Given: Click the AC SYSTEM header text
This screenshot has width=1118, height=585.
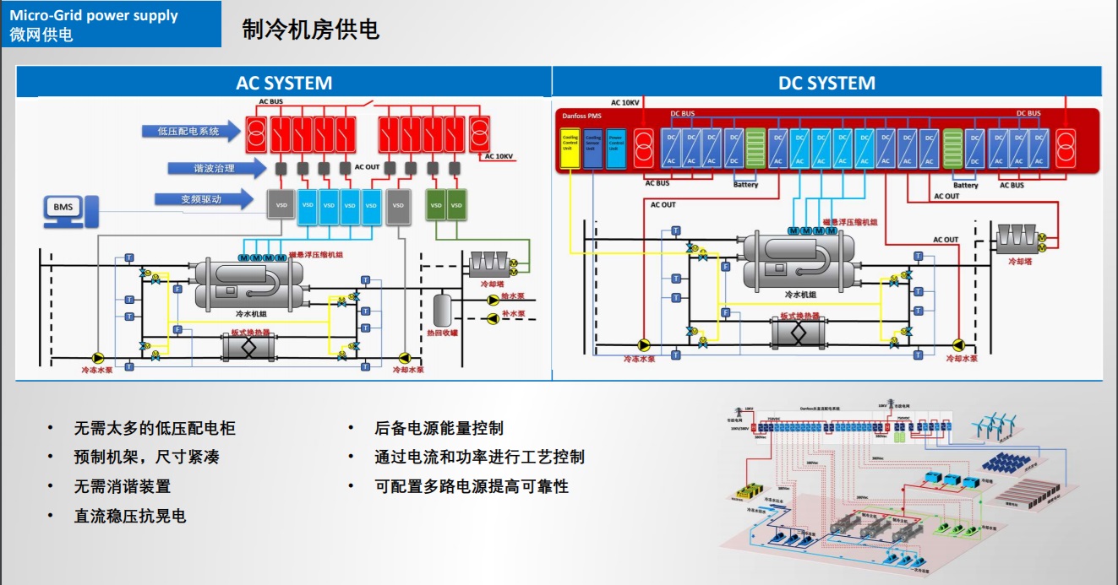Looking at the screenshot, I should (x=284, y=83).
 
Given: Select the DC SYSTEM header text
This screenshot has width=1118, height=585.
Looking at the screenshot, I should (x=826, y=83).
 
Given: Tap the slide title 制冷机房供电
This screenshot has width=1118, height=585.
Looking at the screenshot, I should (x=310, y=30).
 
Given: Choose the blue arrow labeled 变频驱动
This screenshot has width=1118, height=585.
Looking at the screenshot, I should (x=203, y=199).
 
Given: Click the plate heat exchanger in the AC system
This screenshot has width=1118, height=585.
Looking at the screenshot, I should (x=249, y=346).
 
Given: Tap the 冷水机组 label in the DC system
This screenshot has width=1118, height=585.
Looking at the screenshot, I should (x=800, y=295).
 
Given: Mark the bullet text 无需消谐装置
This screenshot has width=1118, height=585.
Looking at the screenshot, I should (x=122, y=486).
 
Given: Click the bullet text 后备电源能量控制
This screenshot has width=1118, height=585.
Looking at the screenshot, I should (x=439, y=428).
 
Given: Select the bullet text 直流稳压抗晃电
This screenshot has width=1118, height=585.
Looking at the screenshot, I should (x=129, y=516).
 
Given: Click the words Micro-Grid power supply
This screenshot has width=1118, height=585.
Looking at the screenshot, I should (x=94, y=15).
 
